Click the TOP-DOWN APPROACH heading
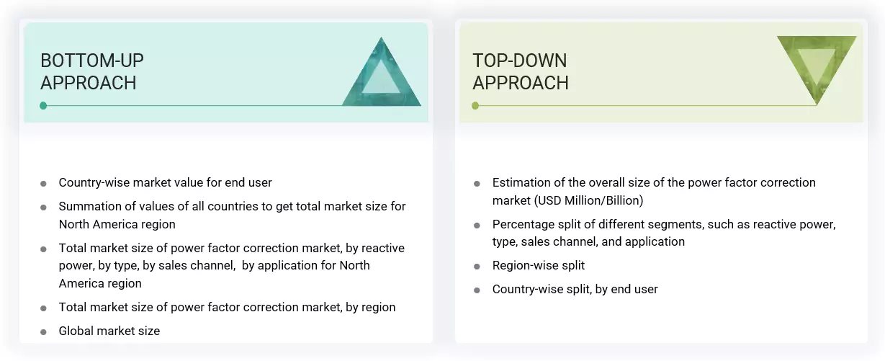pos(520,71)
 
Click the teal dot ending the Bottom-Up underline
pos(43,105)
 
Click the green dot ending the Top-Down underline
pos(475,105)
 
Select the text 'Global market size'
pos(109,331)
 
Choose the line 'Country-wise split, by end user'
pos(575,289)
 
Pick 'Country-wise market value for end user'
pos(165,182)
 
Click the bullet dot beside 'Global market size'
pos(44,331)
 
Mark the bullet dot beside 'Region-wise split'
pos(477,266)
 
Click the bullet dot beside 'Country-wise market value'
pos(44,183)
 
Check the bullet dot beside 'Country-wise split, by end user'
pos(477,290)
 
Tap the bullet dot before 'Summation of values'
pos(44,207)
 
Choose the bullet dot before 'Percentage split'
pos(477,225)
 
